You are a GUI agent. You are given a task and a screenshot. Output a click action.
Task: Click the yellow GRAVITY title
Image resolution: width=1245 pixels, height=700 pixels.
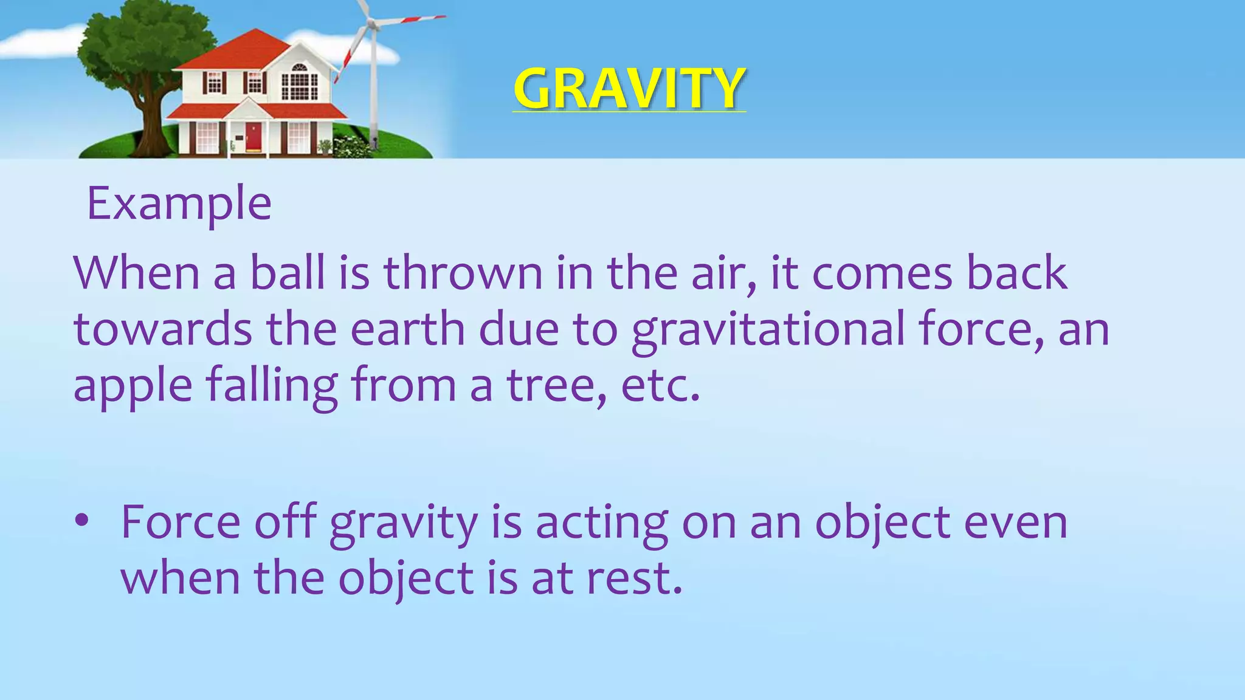click(629, 89)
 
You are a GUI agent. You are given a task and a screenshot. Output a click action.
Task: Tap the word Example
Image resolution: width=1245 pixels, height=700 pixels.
click(179, 204)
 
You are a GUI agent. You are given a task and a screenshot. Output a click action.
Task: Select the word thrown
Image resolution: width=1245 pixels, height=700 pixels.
click(463, 273)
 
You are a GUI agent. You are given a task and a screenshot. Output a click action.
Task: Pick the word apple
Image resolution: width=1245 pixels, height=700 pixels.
click(133, 386)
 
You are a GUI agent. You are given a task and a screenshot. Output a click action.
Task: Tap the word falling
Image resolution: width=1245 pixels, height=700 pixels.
click(272, 386)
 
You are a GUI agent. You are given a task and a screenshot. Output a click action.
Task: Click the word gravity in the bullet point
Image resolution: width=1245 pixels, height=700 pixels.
click(404, 523)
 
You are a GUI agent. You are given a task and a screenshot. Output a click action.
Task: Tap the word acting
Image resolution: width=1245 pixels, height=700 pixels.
click(601, 523)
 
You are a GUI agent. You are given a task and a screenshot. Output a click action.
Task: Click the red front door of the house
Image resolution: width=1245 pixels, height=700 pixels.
click(253, 137)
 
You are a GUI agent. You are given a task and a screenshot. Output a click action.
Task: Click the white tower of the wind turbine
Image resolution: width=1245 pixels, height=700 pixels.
click(374, 91)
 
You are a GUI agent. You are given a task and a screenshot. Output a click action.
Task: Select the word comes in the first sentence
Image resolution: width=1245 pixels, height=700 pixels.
click(881, 273)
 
